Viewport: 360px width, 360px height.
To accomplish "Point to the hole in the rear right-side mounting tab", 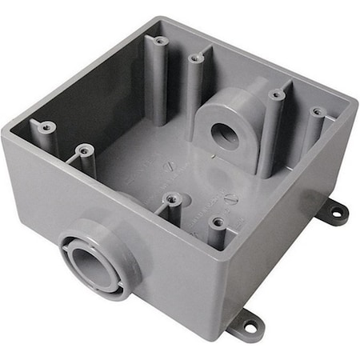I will (337, 213).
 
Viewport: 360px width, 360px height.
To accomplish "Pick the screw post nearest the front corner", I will (217, 223).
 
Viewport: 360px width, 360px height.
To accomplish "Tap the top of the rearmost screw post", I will (159, 40).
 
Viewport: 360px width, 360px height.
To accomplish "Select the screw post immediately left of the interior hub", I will (196, 58).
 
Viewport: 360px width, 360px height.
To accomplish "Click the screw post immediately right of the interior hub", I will (277, 95).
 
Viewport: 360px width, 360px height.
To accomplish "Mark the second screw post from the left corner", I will (83, 149).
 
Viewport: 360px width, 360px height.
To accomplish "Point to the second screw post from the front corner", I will (170, 198).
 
